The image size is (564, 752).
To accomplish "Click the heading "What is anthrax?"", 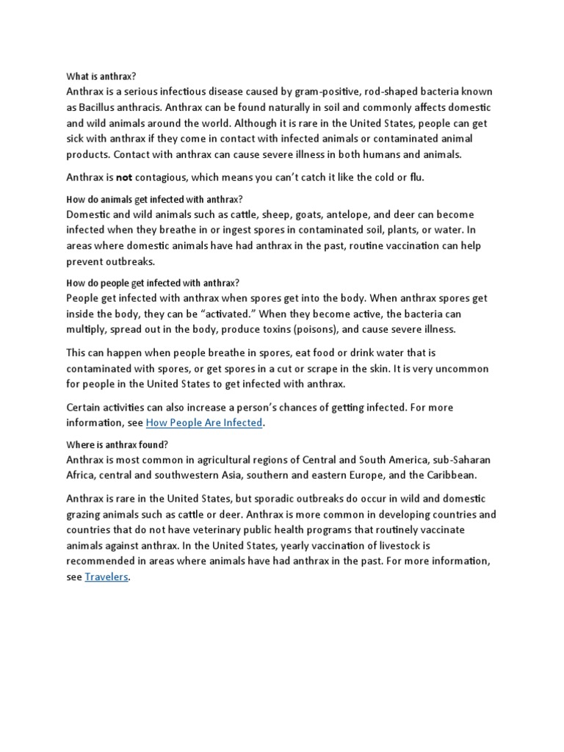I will click(101, 76).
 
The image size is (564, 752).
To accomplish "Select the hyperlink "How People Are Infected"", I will click(204, 423).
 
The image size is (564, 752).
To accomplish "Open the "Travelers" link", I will click(106, 577).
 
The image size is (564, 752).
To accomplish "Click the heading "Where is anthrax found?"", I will click(117, 445).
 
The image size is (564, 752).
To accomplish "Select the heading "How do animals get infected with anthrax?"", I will click(154, 200).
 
